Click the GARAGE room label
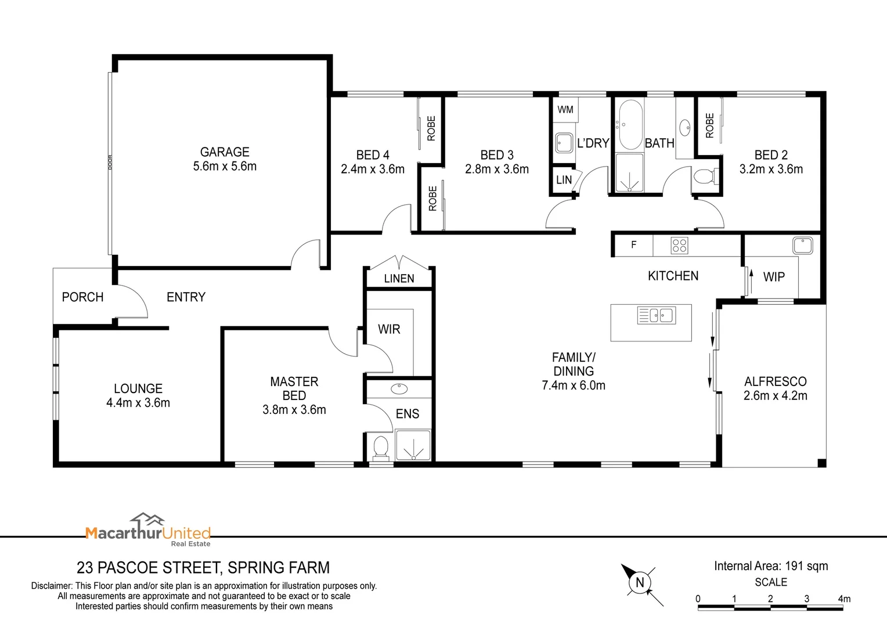(x=225, y=152)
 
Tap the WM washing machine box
(x=565, y=110)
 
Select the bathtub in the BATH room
(x=630, y=125)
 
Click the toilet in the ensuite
(x=381, y=447)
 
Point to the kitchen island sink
(x=657, y=315)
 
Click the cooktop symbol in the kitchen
(x=679, y=246)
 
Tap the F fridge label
(x=633, y=245)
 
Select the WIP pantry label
(x=774, y=277)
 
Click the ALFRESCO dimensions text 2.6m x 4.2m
(x=775, y=396)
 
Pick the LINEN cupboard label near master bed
(x=399, y=279)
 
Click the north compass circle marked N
(x=640, y=583)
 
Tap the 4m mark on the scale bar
(x=843, y=599)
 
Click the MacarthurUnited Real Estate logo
(x=148, y=529)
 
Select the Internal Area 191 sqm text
(x=771, y=566)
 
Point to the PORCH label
(x=82, y=297)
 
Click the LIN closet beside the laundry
(x=564, y=180)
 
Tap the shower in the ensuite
(x=413, y=445)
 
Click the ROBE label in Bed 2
(x=709, y=125)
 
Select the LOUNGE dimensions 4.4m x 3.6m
(x=138, y=403)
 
